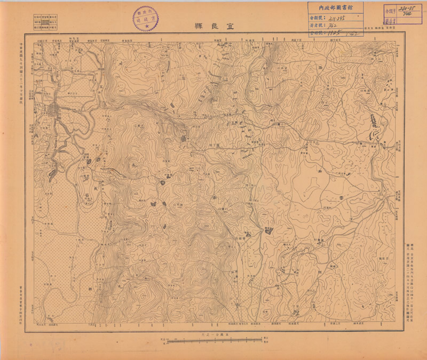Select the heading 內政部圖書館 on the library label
335,8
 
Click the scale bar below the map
213,339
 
